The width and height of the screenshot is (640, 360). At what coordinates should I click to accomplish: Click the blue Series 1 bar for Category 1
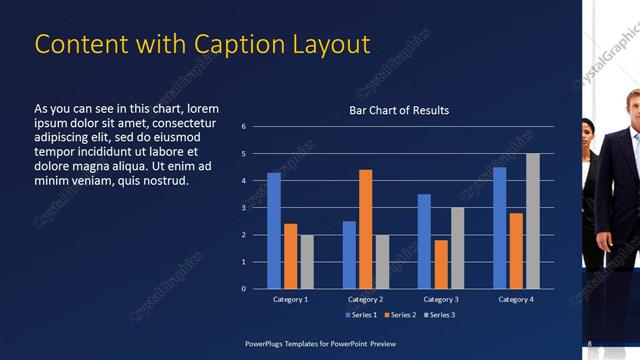pos(274,230)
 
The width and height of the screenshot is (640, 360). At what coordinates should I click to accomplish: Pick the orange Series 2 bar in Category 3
pos(441,264)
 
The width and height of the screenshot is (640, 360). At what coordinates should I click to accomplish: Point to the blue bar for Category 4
pos(500,227)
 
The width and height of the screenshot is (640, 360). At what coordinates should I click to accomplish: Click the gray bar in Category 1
pos(307,261)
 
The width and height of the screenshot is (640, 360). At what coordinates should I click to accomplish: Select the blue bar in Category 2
pos(349,254)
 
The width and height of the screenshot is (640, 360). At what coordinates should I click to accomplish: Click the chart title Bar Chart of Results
pos(399,110)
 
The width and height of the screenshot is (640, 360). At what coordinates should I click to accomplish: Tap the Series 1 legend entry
pos(361,315)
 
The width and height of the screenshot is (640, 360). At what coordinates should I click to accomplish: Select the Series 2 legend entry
pos(400,315)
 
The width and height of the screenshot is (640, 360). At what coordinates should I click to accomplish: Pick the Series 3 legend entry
pos(439,315)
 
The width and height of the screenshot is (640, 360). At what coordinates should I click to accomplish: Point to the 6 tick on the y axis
pos(244,127)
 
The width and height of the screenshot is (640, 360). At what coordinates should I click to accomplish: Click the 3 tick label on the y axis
pos(244,208)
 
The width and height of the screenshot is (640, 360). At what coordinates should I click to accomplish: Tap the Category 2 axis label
pos(365,299)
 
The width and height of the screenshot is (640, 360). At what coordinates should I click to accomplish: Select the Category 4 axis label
pos(516,299)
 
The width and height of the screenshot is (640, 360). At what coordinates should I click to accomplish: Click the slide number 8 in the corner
pos(590,344)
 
